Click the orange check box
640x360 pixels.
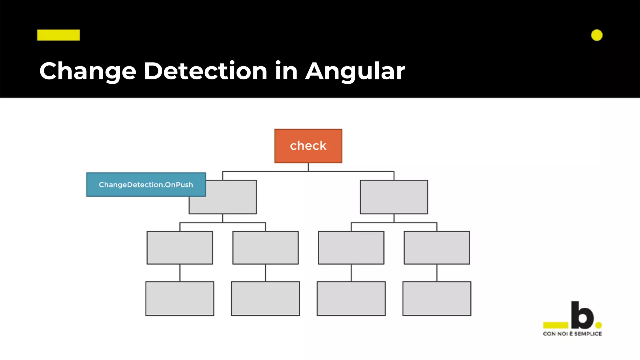tap(308, 146)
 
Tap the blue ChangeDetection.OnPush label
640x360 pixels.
tap(146, 185)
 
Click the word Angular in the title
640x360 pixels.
tap(355, 71)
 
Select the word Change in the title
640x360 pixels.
tap(88, 71)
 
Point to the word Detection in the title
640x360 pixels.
tap(205, 71)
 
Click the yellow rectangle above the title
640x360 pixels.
tap(58, 35)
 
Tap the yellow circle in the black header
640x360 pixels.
tap(597, 35)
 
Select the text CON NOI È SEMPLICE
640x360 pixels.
tap(572, 334)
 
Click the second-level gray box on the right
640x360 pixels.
tap(394, 197)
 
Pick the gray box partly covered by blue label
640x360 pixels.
tap(231, 203)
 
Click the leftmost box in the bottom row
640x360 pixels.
tap(180, 298)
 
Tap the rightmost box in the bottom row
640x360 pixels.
tap(437, 298)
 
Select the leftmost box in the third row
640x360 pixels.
tap(180, 247)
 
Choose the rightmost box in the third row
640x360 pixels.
tap(437, 247)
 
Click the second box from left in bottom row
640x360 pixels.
tap(265, 298)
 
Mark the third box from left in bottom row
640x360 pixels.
tap(351, 298)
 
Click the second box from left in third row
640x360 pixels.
tap(265, 247)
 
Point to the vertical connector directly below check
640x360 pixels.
tap(308, 167)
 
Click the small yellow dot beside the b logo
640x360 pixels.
tap(598, 325)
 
